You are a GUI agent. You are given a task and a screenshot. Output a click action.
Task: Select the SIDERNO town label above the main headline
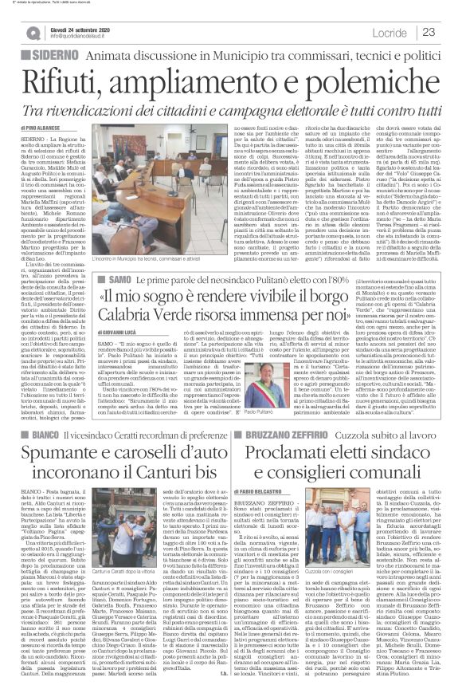tap(53, 55)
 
